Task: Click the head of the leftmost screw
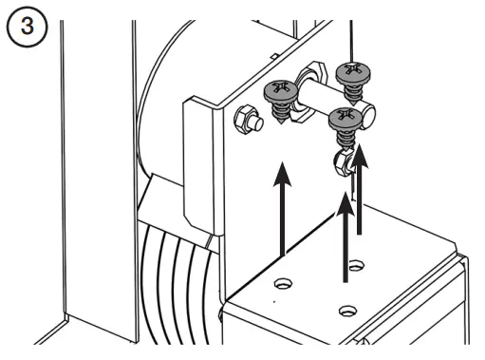coord(278,91)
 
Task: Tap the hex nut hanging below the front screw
coord(343,163)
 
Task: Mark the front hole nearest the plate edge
coord(347,310)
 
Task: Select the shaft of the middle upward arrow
coord(345,247)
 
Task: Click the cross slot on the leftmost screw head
coord(278,90)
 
